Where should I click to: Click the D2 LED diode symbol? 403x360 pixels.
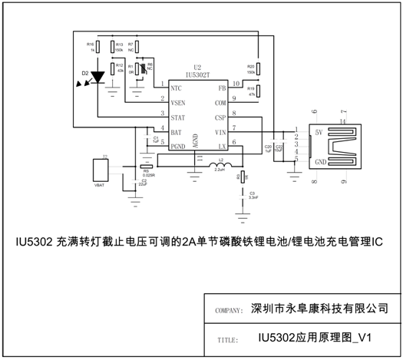97,77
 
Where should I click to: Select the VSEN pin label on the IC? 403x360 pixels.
177,101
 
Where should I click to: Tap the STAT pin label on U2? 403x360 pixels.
177,117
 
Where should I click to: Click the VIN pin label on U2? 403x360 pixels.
220,131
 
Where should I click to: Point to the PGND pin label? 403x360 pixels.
177,145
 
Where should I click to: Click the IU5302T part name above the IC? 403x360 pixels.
199,74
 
